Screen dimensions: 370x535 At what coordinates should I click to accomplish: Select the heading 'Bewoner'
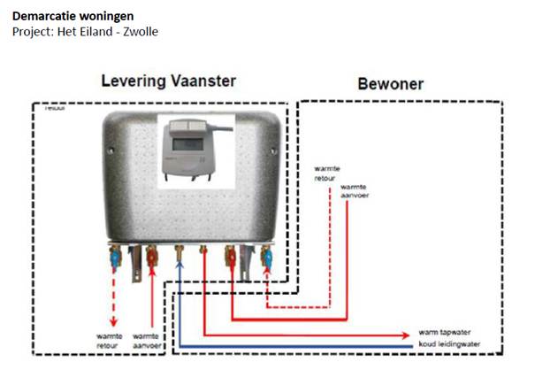pos(390,85)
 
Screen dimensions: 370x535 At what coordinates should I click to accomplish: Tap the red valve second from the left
pos(151,258)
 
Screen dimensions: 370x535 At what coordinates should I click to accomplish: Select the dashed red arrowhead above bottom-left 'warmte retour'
pos(112,322)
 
